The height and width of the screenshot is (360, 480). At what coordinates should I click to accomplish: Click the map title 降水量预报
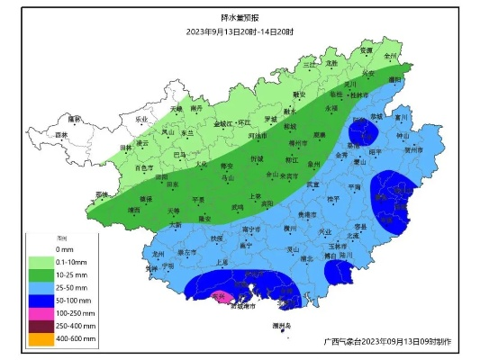coord(240,18)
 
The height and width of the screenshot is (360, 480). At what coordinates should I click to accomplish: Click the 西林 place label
coord(61,135)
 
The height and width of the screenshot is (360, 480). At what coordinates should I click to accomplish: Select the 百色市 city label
coord(145,167)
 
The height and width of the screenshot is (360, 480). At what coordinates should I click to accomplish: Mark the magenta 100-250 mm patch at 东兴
coord(219,295)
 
